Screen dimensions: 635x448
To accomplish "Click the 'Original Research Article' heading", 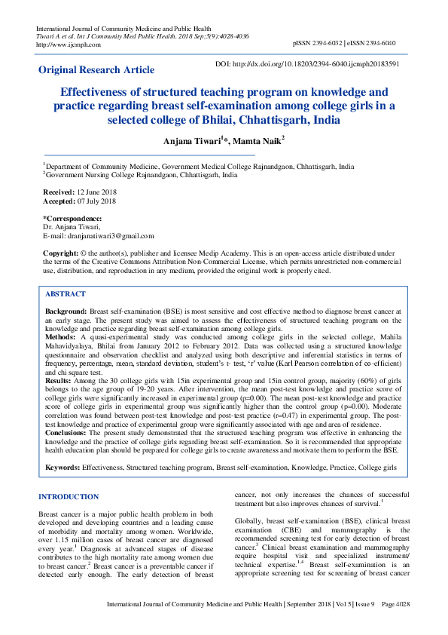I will (96, 70).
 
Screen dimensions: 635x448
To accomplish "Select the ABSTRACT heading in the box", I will (66, 294).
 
